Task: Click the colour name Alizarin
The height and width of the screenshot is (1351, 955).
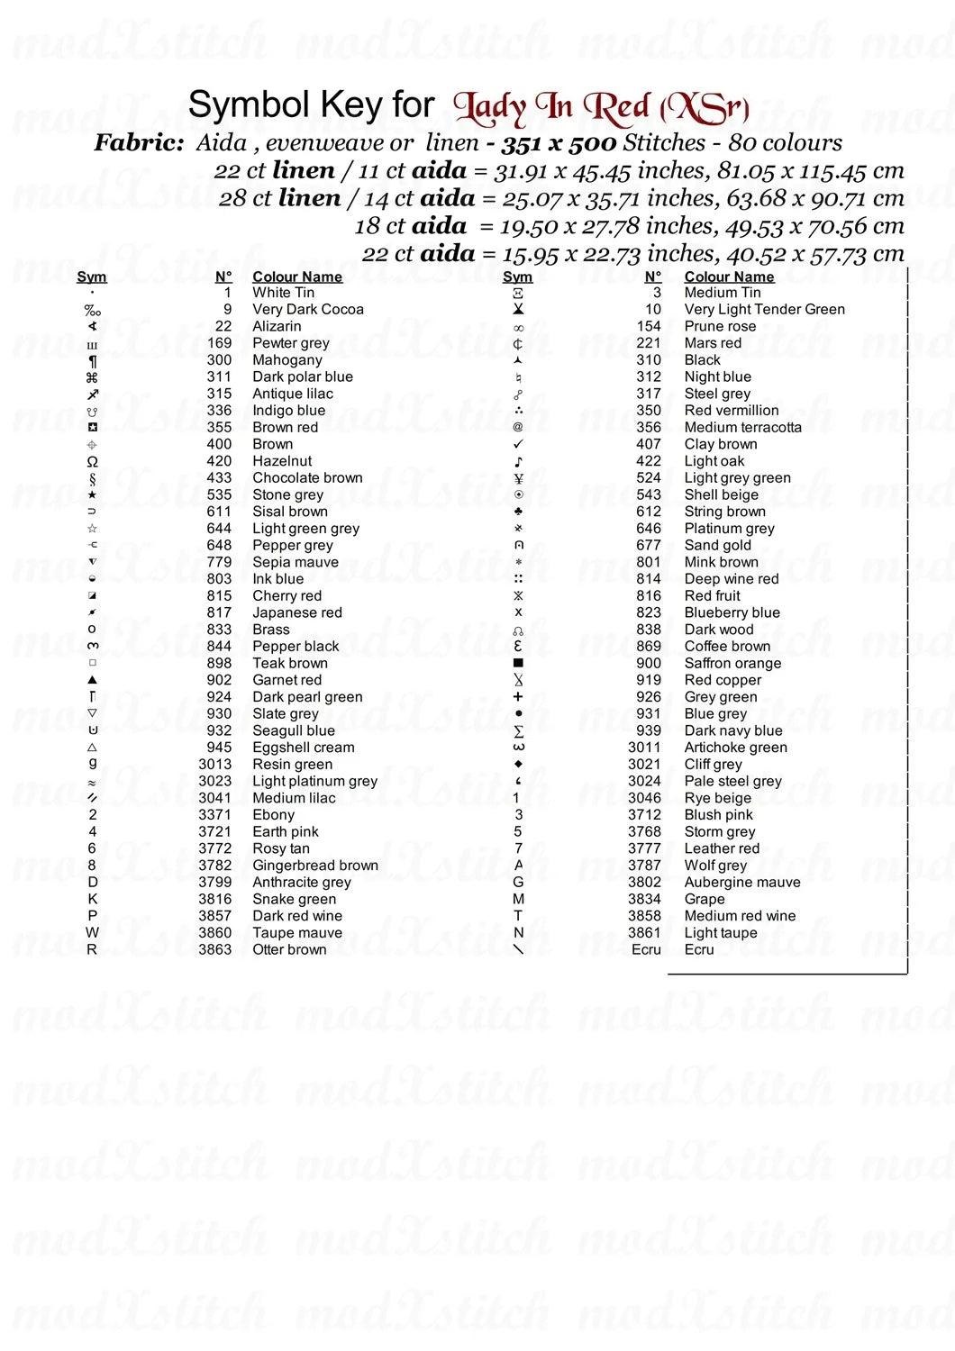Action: [277, 326]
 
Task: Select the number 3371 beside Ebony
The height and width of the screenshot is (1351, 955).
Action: [214, 815]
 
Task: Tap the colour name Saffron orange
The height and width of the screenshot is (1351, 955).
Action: [732, 663]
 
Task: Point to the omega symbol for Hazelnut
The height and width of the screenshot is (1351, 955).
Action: [92, 461]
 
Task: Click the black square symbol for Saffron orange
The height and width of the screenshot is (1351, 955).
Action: [518, 663]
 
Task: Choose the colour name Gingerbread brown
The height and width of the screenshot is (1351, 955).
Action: [315, 866]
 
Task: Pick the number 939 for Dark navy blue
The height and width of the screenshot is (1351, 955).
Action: [649, 730]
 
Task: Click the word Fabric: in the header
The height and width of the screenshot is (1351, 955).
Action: [139, 142]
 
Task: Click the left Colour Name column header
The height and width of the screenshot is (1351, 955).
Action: [297, 277]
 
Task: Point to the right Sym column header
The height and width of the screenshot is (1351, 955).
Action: [517, 277]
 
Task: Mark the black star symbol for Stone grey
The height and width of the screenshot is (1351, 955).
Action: [92, 494]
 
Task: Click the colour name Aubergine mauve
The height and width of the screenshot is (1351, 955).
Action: [741, 883]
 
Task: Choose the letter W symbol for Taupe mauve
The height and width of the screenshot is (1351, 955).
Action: [92, 933]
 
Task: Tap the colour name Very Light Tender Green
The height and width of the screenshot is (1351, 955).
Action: [764, 309]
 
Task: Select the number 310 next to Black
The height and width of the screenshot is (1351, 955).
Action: [649, 359]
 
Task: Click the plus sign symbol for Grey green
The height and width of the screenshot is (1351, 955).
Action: [518, 696]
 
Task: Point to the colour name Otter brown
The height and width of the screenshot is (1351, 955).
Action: [289, 949]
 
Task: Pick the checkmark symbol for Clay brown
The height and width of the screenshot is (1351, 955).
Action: [518, 444]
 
